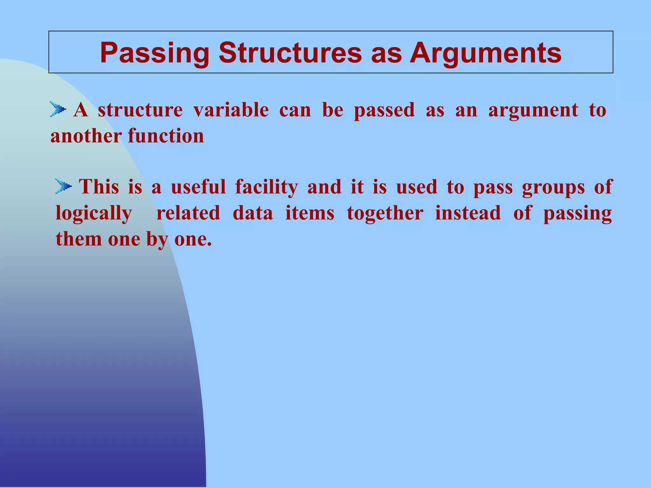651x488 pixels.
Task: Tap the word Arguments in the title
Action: click(485, 53)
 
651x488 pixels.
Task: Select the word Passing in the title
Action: click(154, 53)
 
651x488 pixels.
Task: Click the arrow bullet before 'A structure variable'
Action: click(58, 110)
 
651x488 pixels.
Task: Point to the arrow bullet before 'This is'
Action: click(63, 186)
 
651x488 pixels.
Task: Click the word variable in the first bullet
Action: click(231, 110)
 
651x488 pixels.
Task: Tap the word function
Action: click(166, 136)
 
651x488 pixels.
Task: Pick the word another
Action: click(86, 136)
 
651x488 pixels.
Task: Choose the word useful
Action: click(198, 187)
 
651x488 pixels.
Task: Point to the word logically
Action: click(94, 213)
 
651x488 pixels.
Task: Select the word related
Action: click(188, 213)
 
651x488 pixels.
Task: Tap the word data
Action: click(253, 213)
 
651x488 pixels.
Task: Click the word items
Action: click(310, 213)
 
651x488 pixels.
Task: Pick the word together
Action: click(385, 213)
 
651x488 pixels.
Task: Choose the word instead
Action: click(468, 213)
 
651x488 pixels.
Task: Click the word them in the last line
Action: click(78, 239)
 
